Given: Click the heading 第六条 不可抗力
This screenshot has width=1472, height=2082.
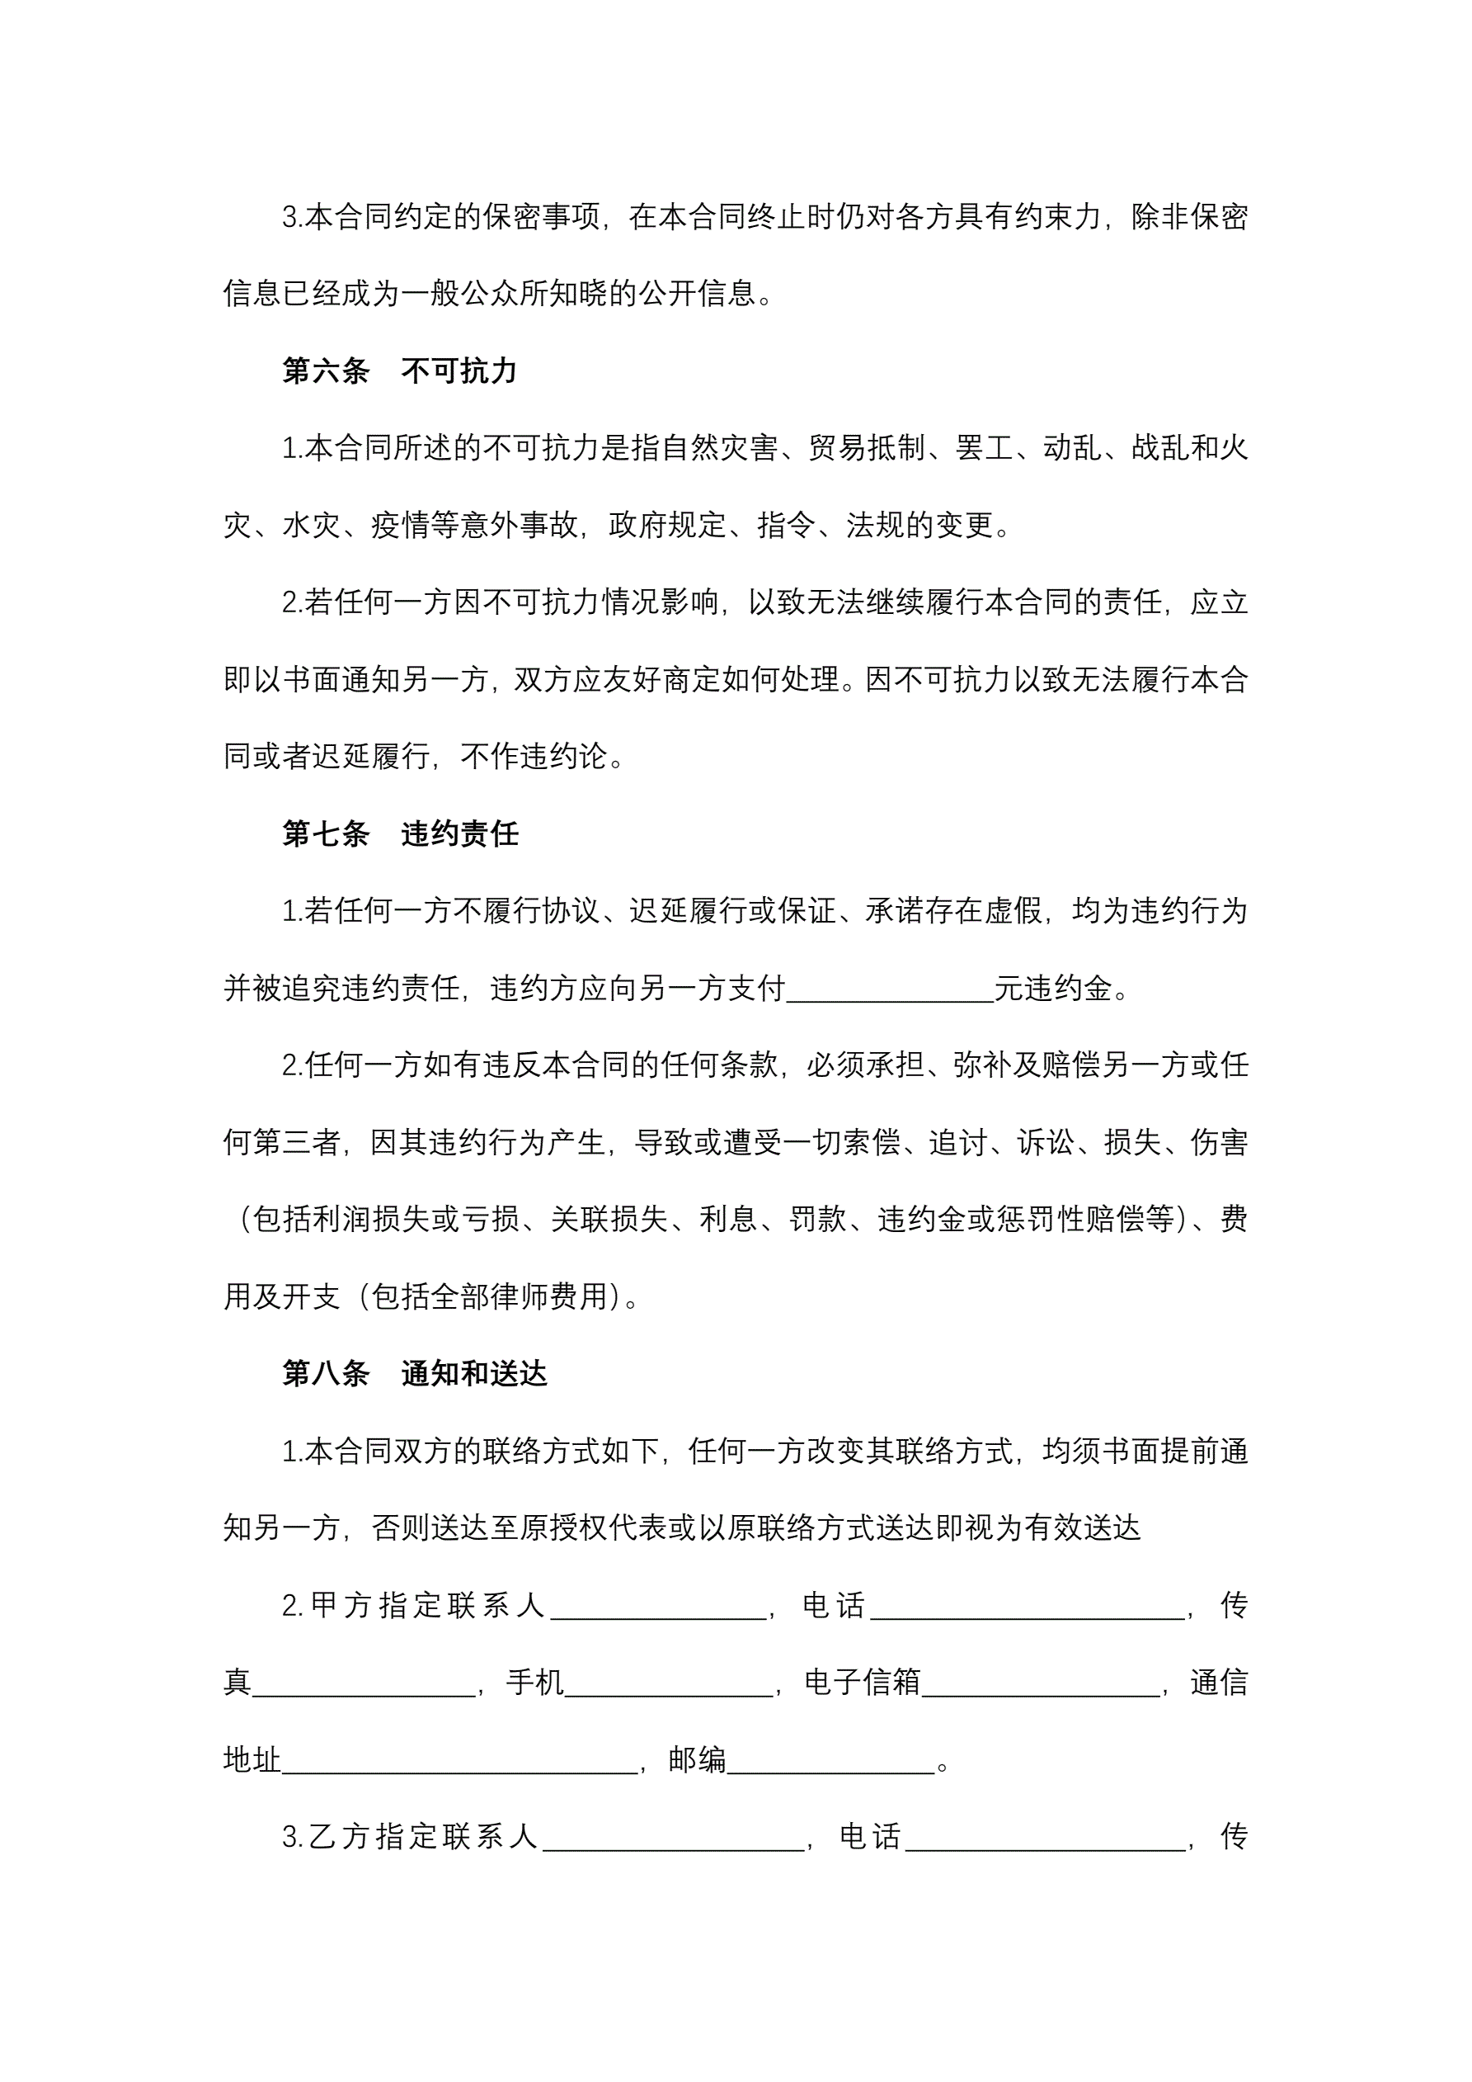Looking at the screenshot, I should pyautogui.click(x=399, y=371).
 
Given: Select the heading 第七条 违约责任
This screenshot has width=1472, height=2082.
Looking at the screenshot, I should pyautogui.click(x=400, y=833).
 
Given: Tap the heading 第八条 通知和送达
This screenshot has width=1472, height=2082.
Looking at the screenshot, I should pyautogui.click(x=414, y=1374).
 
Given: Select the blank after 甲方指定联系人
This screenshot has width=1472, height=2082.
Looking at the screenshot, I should pyautogui.click(x=658, y=1606).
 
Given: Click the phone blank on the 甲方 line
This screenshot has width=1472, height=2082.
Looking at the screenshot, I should pyautogui.click(x=1027, y=1606).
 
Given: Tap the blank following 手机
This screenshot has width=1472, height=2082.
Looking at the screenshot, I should pyautogui.click(x=668, y=1683).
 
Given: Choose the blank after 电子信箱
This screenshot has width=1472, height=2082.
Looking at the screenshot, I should pyautogui.click(x=1041, y=1683).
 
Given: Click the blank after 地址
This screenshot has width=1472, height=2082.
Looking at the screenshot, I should pyautogui.click(x=459, y=1760).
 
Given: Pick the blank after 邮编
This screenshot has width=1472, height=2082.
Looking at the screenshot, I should pyautogui.click(x=830, y=1760).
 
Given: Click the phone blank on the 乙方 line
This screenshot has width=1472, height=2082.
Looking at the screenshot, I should pyautogui.click(x=1045, y=1837).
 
